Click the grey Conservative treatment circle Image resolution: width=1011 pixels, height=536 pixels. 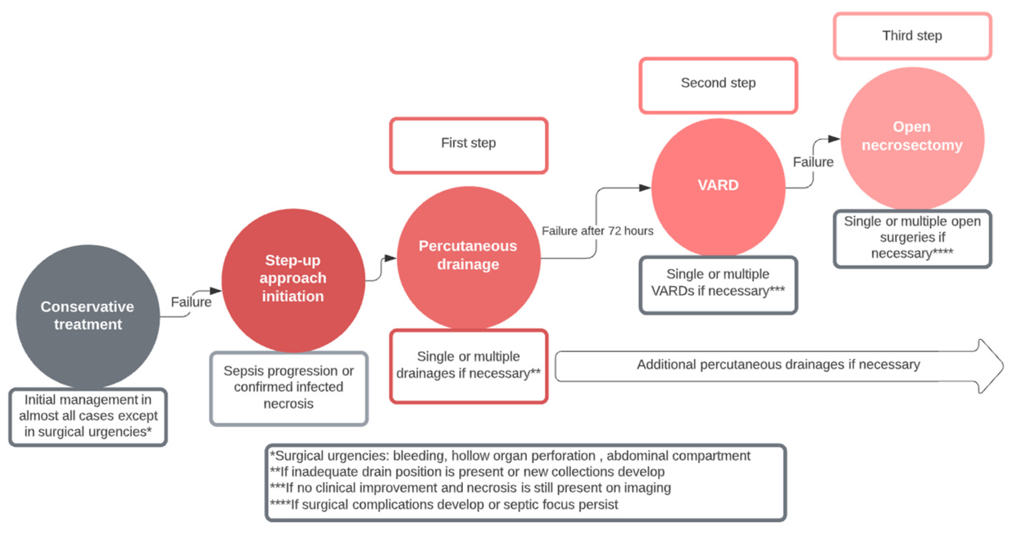pos(88,316)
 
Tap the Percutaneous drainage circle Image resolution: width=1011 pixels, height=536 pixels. pos(468,257)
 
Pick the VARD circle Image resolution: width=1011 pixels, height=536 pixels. pos(718,186)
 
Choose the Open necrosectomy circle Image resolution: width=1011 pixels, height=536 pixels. pos(912,138)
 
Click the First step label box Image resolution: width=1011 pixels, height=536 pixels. pos(468,145)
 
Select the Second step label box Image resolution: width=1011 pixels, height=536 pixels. pos(718,85)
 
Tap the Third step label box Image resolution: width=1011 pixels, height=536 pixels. pos(912,36)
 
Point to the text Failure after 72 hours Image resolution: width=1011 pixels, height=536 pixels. pos(597,231)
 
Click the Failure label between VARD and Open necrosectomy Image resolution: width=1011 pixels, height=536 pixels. pos(813,162)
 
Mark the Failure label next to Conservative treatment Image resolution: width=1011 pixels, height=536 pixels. pos(191,302)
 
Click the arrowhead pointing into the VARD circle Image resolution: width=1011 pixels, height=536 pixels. pos(644,188)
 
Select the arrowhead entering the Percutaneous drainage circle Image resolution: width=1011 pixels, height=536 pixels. pos(390,258)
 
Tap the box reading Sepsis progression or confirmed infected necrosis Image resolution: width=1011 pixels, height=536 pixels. pos(288,388)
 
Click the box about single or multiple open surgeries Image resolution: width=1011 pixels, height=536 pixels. pos(912,238)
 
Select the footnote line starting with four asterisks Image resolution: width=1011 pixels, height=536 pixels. pos(443,505)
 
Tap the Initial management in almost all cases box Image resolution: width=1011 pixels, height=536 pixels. pos(88,416)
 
